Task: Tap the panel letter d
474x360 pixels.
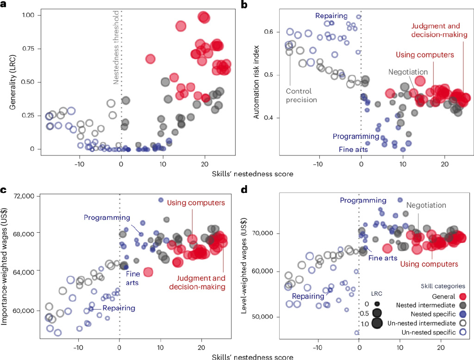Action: tap(246, 189)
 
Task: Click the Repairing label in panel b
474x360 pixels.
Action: tap(331, 16)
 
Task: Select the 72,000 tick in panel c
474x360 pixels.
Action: tap(26, 197)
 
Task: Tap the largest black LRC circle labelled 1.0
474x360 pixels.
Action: tap(376, 323)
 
